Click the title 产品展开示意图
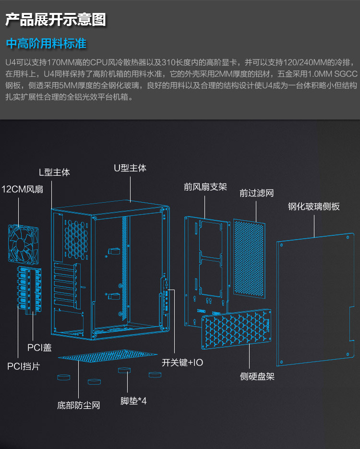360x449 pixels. (x=55, y=20)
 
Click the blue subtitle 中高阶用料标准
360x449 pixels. (x=46, y=44)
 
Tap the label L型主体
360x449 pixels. (x=54, y=172)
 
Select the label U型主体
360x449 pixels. (x=130, y=168)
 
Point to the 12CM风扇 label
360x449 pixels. (x=23, y=189)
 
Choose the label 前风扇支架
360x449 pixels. (x=205, y=187)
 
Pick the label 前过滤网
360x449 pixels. (x=257, y=193)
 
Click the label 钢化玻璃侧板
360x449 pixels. (x=314, y=206)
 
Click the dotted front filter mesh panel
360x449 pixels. (x=249, y=257)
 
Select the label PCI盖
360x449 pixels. (x=39, y=347)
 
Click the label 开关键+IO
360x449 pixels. (x=182, y=363)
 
